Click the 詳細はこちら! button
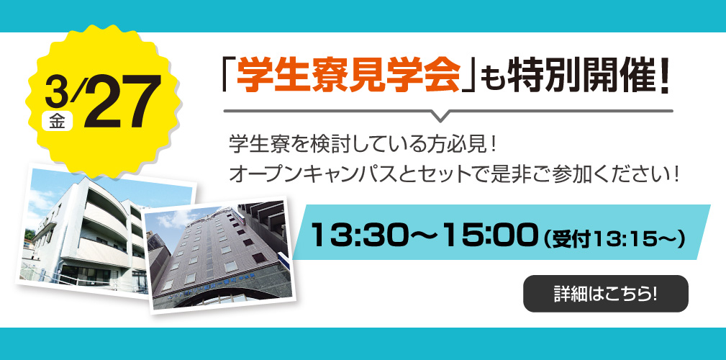tap(605, 294)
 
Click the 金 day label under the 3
tap(57, 121)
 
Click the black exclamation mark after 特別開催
tap(663, 76)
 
